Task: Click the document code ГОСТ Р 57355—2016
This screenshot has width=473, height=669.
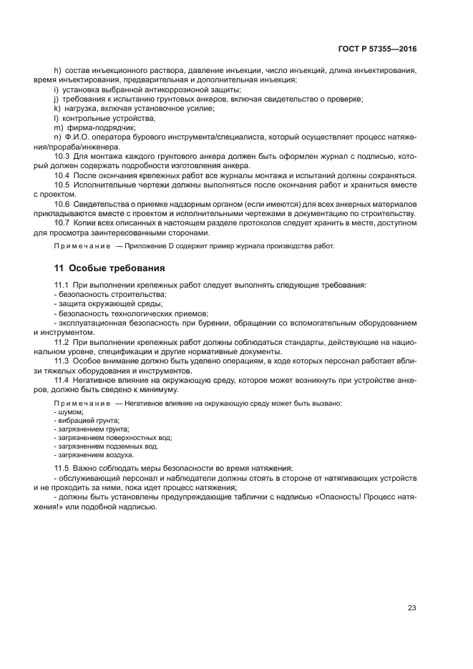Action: [377, 49]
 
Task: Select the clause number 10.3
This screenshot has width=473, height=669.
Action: [62, 155]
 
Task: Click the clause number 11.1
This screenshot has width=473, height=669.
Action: [61, 285]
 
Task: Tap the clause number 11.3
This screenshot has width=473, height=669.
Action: [61, 361]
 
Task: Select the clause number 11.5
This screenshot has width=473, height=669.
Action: [61, 468]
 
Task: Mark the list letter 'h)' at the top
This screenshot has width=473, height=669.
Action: [58, 70]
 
